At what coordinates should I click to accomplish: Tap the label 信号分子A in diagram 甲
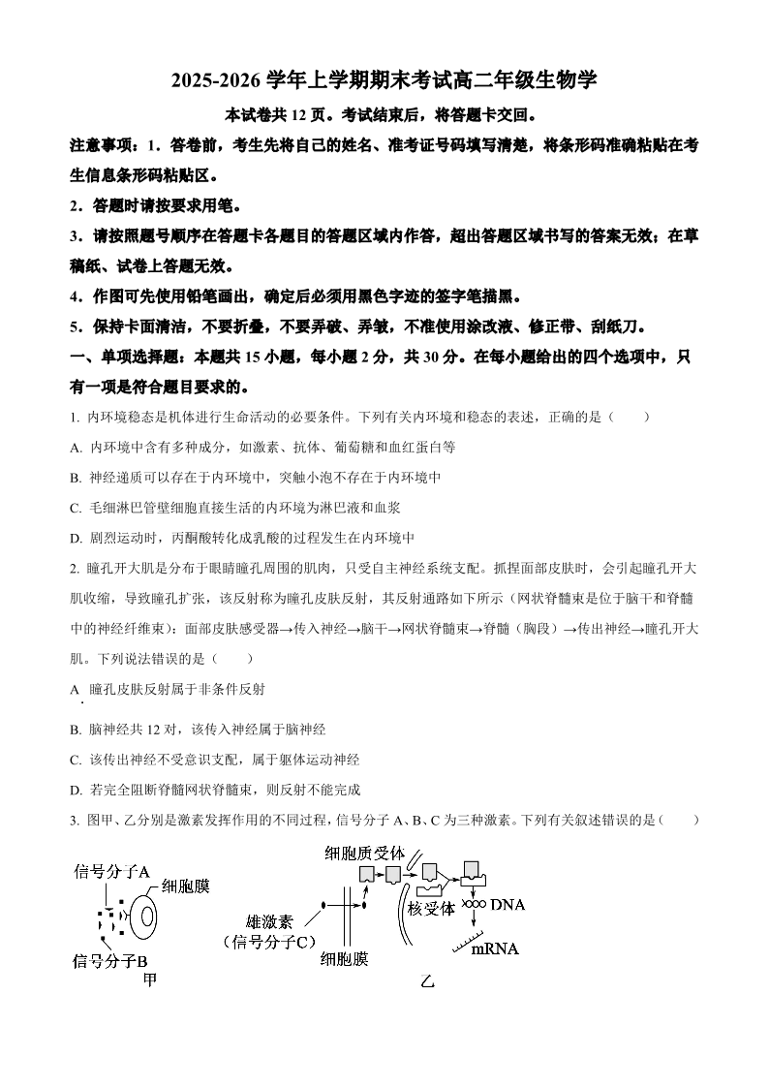(x=111, y=871)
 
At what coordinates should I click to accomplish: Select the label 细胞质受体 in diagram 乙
(x=365, y=854)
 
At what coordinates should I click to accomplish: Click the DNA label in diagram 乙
(x=507, y=905)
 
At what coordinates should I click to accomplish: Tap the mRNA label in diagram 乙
(x=494, y=948)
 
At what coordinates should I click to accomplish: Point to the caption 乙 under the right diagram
(x=427, y=980)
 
